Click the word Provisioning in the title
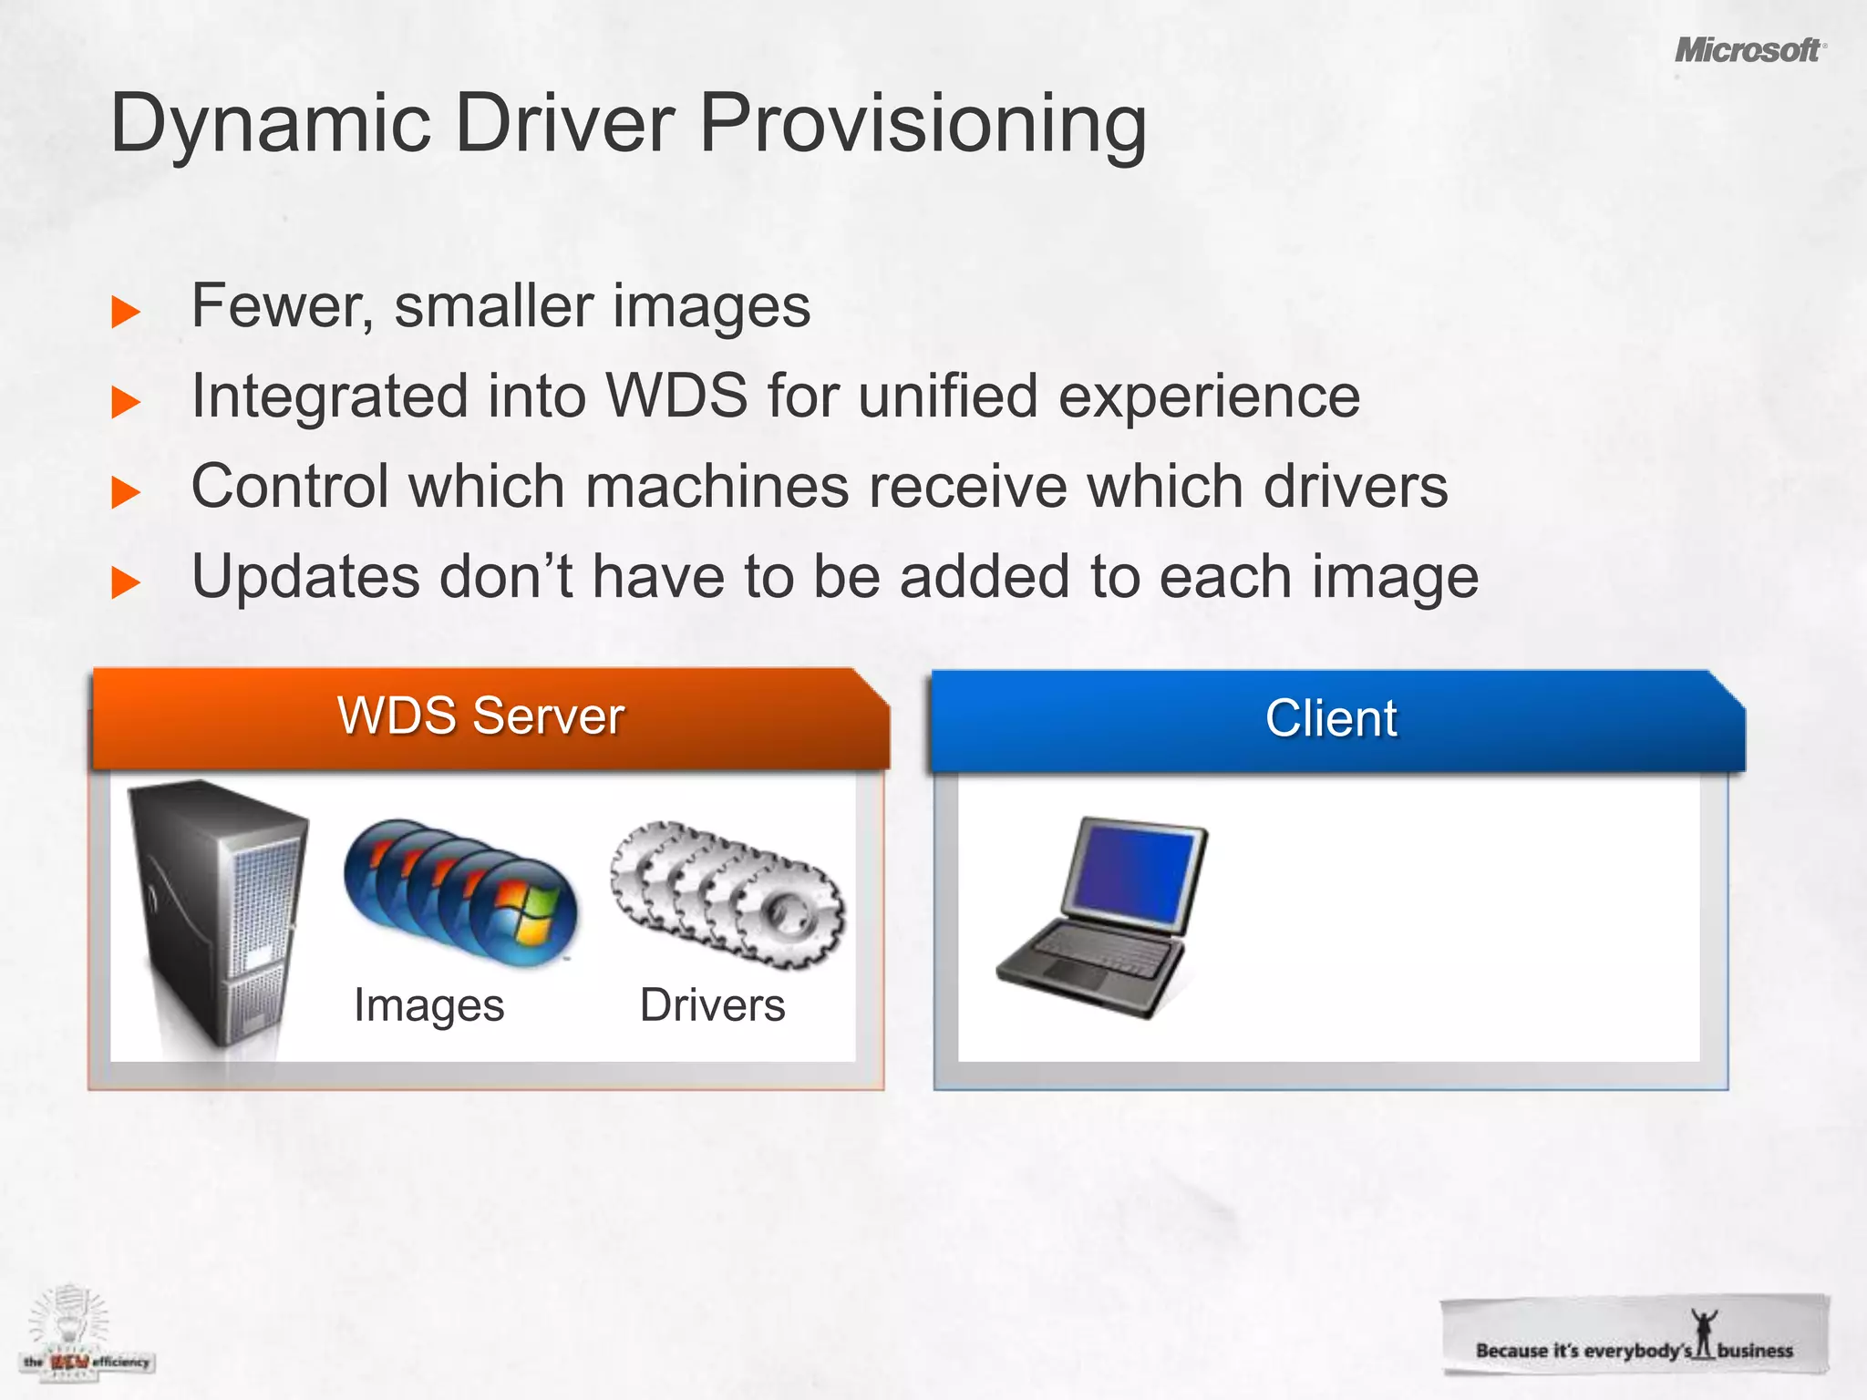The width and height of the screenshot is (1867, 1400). tap(923, 124)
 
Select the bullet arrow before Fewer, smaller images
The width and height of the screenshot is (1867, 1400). tap(126, 312)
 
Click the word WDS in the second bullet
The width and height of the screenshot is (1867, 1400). tap(677, 396)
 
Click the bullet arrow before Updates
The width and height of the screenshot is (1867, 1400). tap(126, 582)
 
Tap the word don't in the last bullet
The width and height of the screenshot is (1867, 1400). tap(506, 578)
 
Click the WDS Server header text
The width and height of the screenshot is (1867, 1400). tap(480, 715)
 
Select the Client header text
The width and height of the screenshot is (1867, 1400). tap(1330, 718)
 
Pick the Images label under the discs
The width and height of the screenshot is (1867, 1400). tap(428, 1006)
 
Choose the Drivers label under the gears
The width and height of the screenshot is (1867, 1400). tap(712, 1005)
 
